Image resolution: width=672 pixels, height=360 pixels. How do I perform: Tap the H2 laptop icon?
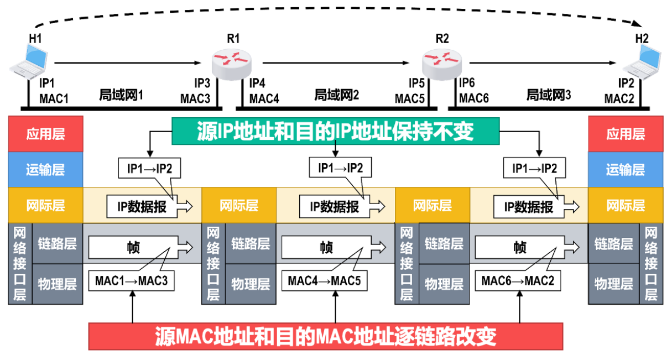click(x=642, y=61)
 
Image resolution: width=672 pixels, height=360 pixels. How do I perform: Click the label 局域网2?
click(x=337, y=95)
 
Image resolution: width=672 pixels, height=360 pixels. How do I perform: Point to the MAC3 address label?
click(x=195, y=98)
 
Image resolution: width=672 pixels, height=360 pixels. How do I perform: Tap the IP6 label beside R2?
click(x=467, y=84)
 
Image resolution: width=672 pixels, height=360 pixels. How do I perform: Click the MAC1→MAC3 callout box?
click(x=131, y=281)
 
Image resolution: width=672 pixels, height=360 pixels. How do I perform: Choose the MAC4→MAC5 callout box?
click(x=324, y=281)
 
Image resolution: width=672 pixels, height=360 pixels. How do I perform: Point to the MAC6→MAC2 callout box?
click(x=518, y=281)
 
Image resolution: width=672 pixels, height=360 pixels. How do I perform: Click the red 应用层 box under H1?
click(x=45, y=134)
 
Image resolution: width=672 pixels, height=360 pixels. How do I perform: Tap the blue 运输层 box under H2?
click(x=625, y=169)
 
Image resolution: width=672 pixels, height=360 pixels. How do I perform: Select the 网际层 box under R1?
click(x=239, y=206)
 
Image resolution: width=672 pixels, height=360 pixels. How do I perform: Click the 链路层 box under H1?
click(x=57, y=243)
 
